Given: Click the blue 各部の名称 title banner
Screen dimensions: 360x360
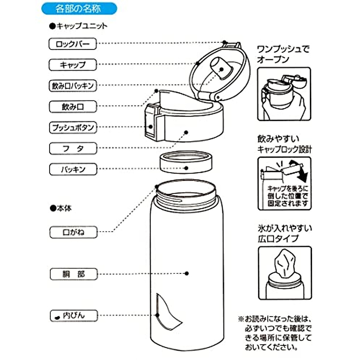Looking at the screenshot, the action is point(79,9).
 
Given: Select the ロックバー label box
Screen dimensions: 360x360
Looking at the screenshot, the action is point(73,44).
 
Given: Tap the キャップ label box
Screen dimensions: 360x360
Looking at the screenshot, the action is point(73,65).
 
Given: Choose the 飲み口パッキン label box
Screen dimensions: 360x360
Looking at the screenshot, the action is point(73,86).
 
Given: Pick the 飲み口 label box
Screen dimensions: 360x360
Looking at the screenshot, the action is point(73,107).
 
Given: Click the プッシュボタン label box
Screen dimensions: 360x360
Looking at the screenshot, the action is point(73,127).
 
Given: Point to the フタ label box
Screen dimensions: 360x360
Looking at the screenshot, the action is point(73,148).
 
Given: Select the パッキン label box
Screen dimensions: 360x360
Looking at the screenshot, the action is point(73,169).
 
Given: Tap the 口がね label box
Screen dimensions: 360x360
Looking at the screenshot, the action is point(73,232).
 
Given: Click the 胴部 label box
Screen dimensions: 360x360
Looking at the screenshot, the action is point(74,274).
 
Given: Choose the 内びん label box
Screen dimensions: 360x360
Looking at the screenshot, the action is point(74,316).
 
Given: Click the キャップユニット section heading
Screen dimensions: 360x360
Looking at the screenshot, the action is point(79,26).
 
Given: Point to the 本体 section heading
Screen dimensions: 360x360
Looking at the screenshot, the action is point(61,208).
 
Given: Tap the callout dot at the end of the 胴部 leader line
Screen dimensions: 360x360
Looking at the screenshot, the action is point(186,274).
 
